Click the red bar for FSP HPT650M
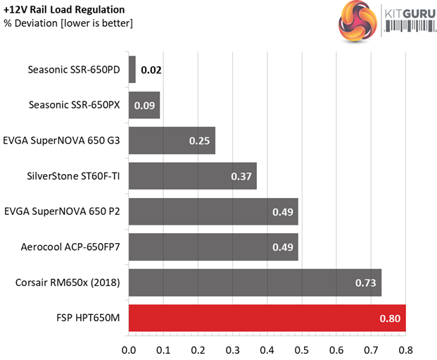(267, 318)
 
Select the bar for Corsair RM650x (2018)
(255, 283)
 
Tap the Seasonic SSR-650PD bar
(132, 70)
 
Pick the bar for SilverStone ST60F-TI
(193, 176)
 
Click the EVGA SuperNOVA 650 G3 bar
(172, 140)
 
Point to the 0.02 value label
(151, 70)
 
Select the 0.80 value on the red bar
(390, 319)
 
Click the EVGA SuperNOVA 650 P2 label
(62, 211)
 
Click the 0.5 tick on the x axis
(302, 349)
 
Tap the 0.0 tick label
(129, 349)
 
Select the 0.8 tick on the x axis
(405, 349)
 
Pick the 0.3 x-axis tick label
(233, 349)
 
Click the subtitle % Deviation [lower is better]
(68, 24)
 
